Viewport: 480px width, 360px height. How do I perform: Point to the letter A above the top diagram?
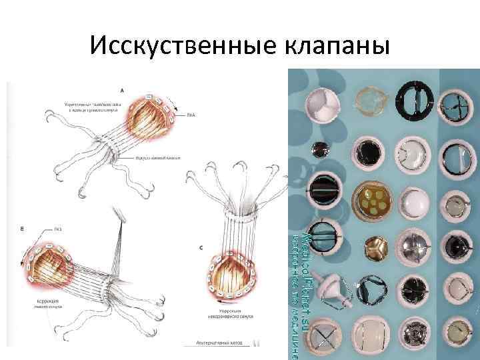pyautogui.click(x=121, y=89)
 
